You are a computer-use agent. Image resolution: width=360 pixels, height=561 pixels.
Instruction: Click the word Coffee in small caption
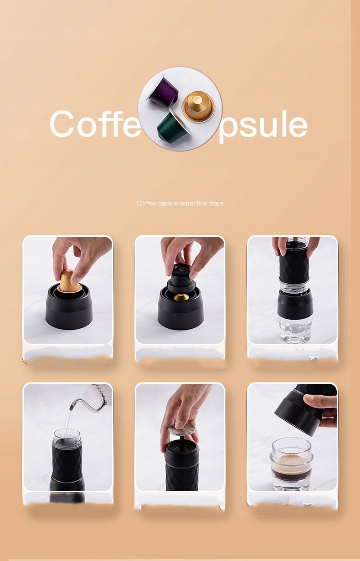pos(146,204)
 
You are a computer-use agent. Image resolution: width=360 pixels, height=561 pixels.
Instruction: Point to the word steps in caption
pos(216,204)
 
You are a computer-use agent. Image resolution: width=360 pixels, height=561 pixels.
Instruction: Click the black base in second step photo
pos(181,314)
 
